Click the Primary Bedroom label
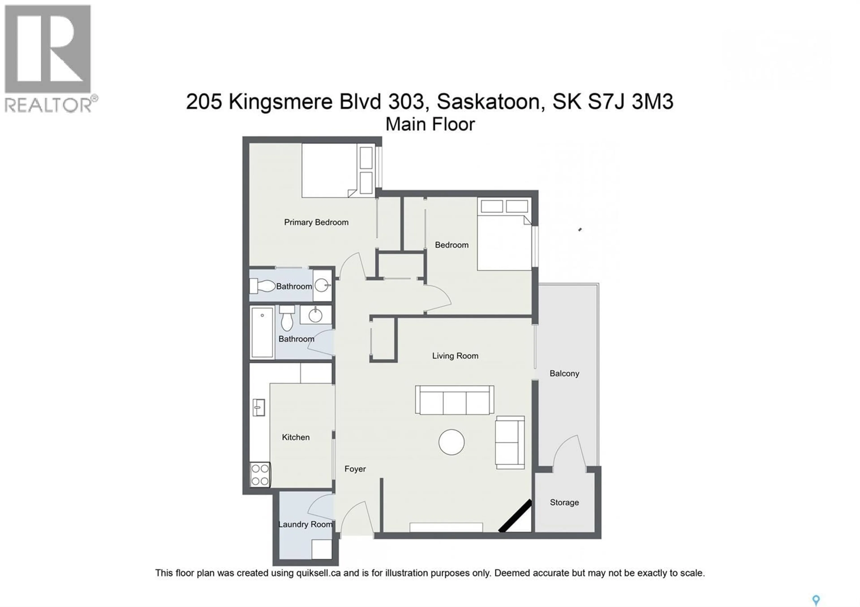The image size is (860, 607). [316, 222]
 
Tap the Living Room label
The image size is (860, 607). [455, 356]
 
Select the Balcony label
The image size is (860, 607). [564, 374]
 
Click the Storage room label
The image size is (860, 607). [564, 503]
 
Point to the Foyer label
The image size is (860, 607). [355, 469]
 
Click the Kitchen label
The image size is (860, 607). [296, 437]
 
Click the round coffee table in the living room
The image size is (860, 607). [451, 442]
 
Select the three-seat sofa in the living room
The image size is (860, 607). [454, 400]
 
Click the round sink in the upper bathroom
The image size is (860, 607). [322, 286]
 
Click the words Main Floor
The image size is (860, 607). [430, 125]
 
